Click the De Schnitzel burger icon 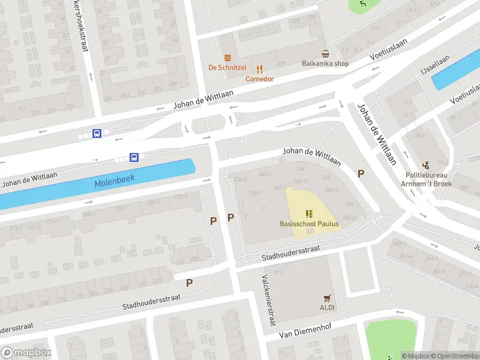pyautogui.click(x=228, y=58)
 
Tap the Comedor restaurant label pyautogui.click(x=259, y=79)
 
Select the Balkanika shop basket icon pyautogui.click(x=325, y=53)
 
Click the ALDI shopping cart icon pyautogui.click(x=327, y=298)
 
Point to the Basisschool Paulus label pyautogui.click(x=309, y=224)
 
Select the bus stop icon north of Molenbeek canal pyautogui.click(x=134, y=158)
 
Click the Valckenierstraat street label pyautogui.click(x=268, y=301)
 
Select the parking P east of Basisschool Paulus pyautogui.click(x=361, y=173)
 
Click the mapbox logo pyautogui.click(x=25, y=353)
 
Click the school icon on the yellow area pyautogui.click(x=309, y=213)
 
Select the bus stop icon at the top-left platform pyautogui.click(x=96, y=133)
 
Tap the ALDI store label pyautogui.click(x=327, y=308)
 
